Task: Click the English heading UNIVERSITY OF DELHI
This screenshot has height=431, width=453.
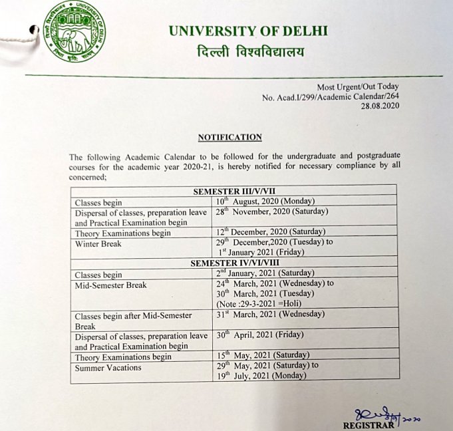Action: (248, 31)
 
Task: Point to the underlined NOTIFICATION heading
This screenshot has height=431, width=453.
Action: (229, 138)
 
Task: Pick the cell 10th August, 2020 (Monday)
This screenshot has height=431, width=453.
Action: (265, 202)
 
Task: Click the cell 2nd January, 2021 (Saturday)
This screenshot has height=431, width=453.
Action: (265, 273)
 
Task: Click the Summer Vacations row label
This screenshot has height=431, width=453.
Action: (108, 367)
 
